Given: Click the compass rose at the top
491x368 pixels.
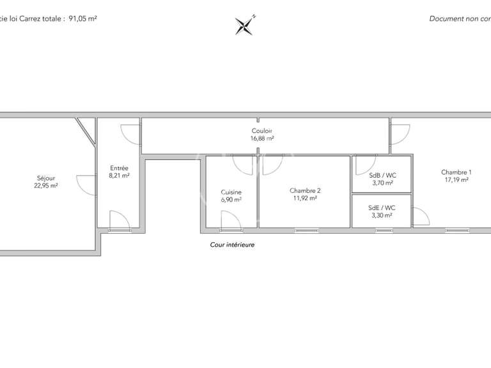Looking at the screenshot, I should pos(245,25).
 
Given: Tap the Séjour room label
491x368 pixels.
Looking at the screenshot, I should pos(46,178).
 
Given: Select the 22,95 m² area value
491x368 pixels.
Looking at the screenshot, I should pos(46,186).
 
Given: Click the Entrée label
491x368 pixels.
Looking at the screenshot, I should pos(120,167).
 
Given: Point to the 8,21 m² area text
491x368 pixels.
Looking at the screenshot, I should pos(120,175).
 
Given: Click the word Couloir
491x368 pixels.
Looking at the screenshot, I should pos(262,131).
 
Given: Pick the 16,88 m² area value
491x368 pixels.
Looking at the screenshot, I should pos(262,139).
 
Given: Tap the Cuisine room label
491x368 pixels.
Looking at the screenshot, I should pos(231,192).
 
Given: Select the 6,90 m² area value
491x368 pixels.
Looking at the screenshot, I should pos(231,200).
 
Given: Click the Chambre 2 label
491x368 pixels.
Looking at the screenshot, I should pos(305,190).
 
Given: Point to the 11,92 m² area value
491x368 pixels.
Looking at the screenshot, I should pos(305,198).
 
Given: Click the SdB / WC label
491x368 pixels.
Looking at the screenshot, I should pos(382,175).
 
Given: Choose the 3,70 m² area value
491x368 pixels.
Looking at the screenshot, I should pos(382,183).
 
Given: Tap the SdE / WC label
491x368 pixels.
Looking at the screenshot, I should pos(382,208).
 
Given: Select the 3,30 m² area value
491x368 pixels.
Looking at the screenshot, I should pos(382,215).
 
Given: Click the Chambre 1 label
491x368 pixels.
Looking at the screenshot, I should pos(456,172).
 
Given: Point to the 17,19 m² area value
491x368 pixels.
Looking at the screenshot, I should pos(456,180).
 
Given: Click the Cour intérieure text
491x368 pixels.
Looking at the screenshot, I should pos(232,245).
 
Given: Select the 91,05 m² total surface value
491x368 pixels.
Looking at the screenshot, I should pos(82,19).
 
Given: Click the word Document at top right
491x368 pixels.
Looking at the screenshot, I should pos(446,19).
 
